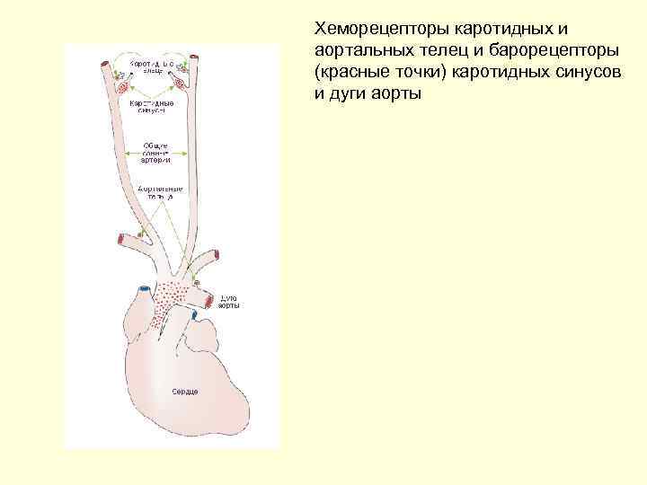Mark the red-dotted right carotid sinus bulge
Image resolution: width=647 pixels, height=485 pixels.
coord(183,84)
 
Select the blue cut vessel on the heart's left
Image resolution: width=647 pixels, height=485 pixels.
coord(142,291)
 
